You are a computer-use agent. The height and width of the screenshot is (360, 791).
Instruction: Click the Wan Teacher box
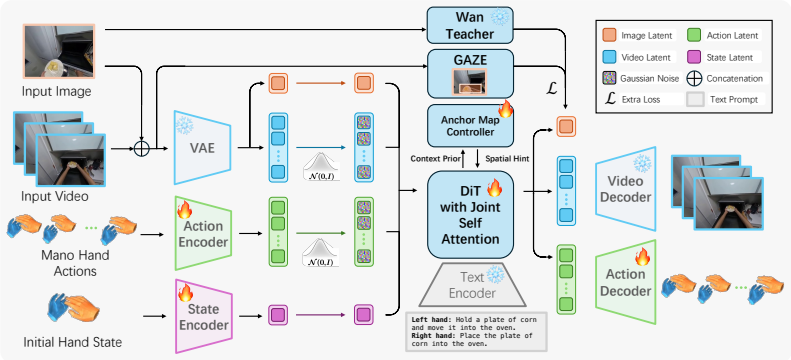470,25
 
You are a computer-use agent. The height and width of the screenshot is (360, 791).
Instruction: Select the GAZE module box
470,74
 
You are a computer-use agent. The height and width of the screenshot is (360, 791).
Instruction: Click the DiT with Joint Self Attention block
470,214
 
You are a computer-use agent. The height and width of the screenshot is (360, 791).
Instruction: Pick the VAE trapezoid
202,147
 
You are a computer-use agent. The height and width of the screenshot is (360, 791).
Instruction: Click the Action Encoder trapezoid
202,233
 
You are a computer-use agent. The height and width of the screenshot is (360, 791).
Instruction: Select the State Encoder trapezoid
202,316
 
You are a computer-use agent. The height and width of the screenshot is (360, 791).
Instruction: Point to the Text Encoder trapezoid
472,285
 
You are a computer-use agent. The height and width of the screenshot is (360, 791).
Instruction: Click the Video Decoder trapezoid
626,188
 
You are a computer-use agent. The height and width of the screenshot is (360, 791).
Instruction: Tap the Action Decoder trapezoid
626,281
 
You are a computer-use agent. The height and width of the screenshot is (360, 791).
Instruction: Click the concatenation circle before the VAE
142,149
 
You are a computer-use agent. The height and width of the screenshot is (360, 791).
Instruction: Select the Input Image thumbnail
59,50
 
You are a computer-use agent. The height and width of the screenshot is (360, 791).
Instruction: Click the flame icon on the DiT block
495,188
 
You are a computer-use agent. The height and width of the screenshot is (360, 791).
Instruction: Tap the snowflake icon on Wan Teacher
500,18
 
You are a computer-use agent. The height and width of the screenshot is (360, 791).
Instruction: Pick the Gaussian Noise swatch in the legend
610,79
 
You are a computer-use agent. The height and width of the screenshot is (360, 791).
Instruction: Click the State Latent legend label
730,57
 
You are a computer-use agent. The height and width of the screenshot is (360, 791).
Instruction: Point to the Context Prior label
436,158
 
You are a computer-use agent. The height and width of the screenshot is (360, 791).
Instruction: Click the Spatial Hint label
506,158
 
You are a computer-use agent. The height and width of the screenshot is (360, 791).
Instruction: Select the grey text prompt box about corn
477,331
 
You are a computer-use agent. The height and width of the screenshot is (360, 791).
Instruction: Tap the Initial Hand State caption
73,343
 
